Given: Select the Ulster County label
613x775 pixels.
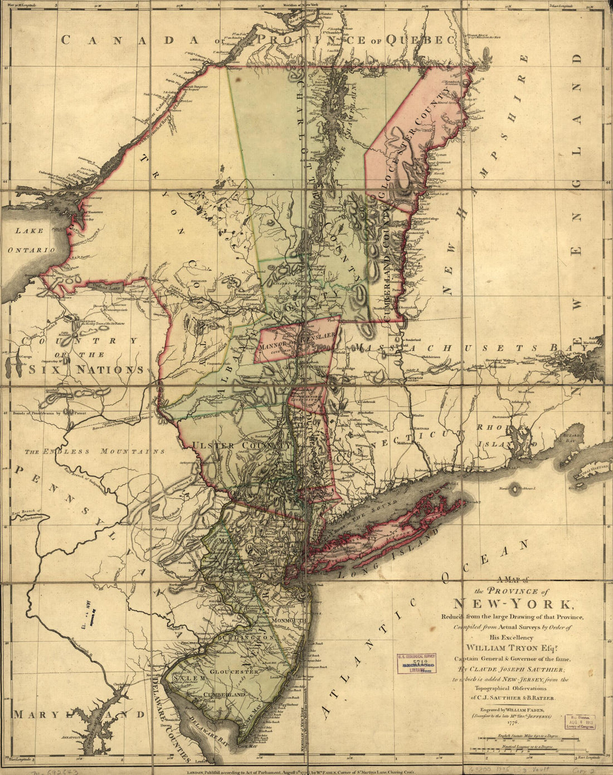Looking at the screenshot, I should [241, 446].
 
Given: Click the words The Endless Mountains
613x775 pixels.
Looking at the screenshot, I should [95, 451].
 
